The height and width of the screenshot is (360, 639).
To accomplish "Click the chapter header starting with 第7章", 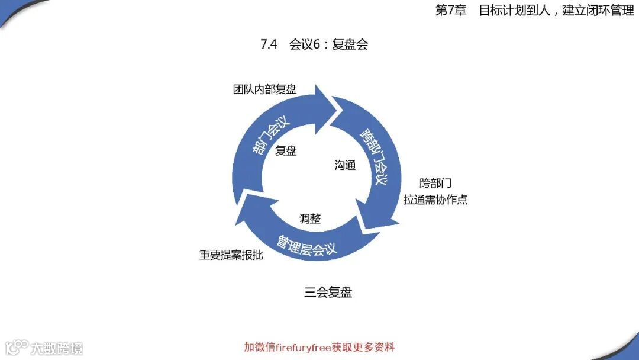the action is point(534,11).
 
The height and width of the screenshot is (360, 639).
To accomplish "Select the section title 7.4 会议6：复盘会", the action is point(314,45).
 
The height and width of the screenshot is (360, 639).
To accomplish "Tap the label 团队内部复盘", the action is point(264,89).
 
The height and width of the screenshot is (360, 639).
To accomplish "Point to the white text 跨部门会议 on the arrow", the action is point(374,157).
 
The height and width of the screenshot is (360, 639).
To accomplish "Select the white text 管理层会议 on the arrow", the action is point(306,244).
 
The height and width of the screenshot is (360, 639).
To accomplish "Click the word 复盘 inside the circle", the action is point(286,151).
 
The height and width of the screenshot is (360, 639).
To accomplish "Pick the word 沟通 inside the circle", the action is point(345,166).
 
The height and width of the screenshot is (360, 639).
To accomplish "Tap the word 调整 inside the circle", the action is point(309,218).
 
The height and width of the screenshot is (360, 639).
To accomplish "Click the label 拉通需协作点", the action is point(435,200).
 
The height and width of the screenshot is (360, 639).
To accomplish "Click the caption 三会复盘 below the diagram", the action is point(328,292).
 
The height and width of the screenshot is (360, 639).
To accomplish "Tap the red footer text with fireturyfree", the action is point(319,347).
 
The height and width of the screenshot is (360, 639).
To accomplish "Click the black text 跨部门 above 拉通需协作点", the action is point(435,183).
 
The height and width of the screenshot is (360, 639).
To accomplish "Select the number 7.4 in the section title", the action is point(269,45).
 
